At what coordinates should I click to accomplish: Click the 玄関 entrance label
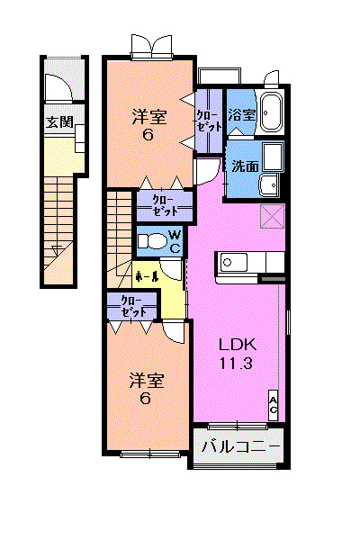59,122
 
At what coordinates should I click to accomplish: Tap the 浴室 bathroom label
242,114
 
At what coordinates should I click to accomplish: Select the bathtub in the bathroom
272,112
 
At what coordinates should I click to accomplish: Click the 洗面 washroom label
245,166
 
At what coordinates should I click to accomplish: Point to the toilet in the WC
153,241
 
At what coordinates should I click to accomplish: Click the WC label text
175,241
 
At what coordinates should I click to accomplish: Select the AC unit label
273,406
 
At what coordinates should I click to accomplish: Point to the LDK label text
238,345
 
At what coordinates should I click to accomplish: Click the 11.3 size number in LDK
236,364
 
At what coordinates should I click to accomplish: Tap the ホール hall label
147,276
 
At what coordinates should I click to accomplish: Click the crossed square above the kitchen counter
273,216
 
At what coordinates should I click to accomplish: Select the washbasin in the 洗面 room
269,185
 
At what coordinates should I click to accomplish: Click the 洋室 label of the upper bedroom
149,117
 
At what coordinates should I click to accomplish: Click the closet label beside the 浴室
210,121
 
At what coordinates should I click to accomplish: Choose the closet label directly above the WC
165,206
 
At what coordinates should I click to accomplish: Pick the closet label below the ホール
133,306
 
